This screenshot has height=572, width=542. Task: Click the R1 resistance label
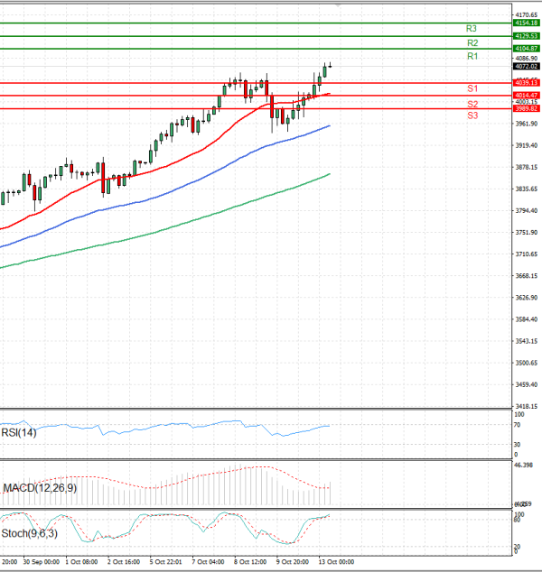coord(472,57)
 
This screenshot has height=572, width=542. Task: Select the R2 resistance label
coord(472,43)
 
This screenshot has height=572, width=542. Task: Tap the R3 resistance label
coord(472,29)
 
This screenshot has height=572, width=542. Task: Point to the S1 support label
coord(472,88)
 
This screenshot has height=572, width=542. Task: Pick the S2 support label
coord(472,105)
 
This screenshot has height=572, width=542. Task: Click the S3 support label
coord(472,116)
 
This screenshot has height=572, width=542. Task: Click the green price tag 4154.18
coord(526,23)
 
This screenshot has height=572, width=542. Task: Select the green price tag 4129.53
coord(526,36)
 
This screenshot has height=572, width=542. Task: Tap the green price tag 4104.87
coord(526,48)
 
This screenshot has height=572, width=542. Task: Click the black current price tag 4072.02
coord(526,66)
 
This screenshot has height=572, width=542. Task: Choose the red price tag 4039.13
coord(526,83)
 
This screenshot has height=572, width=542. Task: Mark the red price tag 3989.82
coord(526,108)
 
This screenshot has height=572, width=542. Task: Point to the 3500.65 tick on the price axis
coord(525,363)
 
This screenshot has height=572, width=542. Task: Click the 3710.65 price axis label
coord(525,254)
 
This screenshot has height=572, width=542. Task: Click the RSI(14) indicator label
coord(18,433)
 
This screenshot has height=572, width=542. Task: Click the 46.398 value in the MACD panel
coord(524,465)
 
